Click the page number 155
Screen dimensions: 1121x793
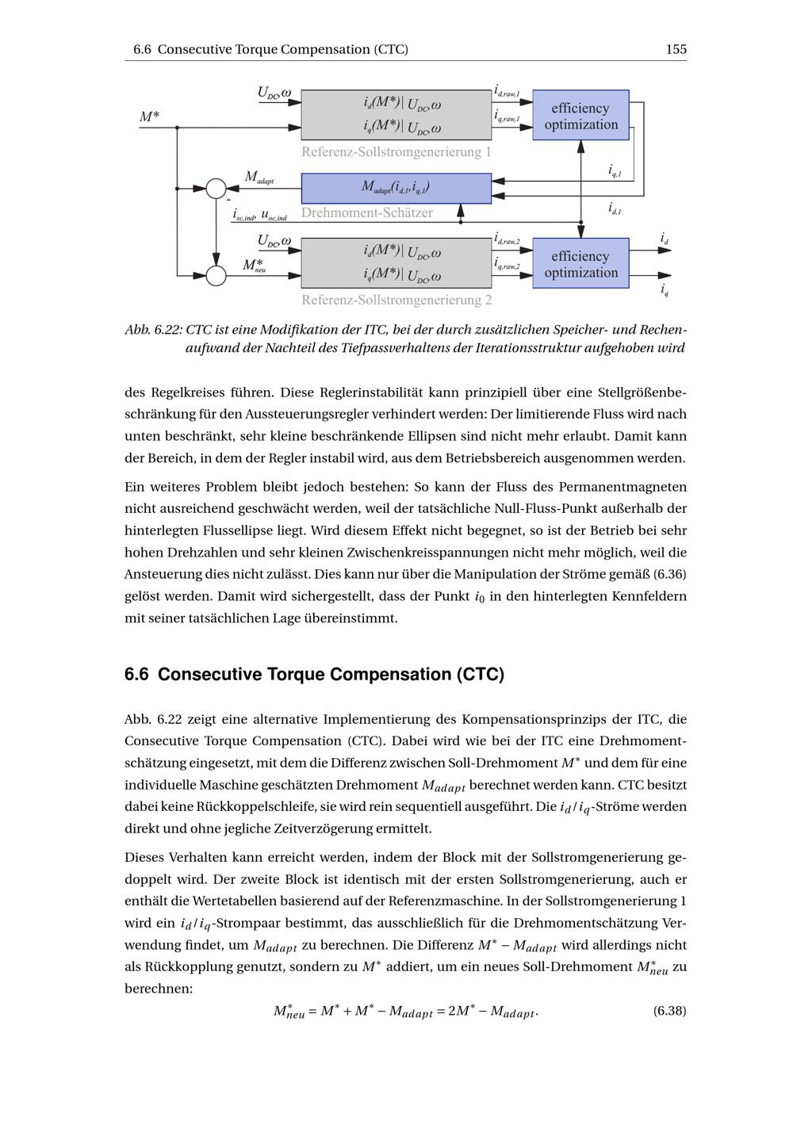pos(676,49)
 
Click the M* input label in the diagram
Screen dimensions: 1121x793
pos(149,117)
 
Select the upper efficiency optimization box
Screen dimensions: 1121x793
pos(580,116)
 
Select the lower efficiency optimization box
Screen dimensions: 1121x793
pos(580,264)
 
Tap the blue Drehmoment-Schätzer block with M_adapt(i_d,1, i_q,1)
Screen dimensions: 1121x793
pos(396,188)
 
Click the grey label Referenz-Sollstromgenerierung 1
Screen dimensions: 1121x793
pos(396,151)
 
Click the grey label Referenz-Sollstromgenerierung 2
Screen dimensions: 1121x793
pos(396,300)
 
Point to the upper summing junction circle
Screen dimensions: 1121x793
pos(216,189)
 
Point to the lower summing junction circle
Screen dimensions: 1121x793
pos(216,275)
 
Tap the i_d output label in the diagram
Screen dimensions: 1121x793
pos(664,238)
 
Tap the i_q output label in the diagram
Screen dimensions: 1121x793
pos(664,290)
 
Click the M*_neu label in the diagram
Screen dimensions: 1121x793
pos(254,265)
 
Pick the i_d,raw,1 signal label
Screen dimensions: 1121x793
pos(507,92)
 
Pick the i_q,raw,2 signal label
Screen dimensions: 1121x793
pos(507,262)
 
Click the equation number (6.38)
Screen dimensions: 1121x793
pos(669,1010)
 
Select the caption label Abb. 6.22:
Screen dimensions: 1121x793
pos(154,330)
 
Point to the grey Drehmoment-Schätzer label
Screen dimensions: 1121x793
pos(367,212)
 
